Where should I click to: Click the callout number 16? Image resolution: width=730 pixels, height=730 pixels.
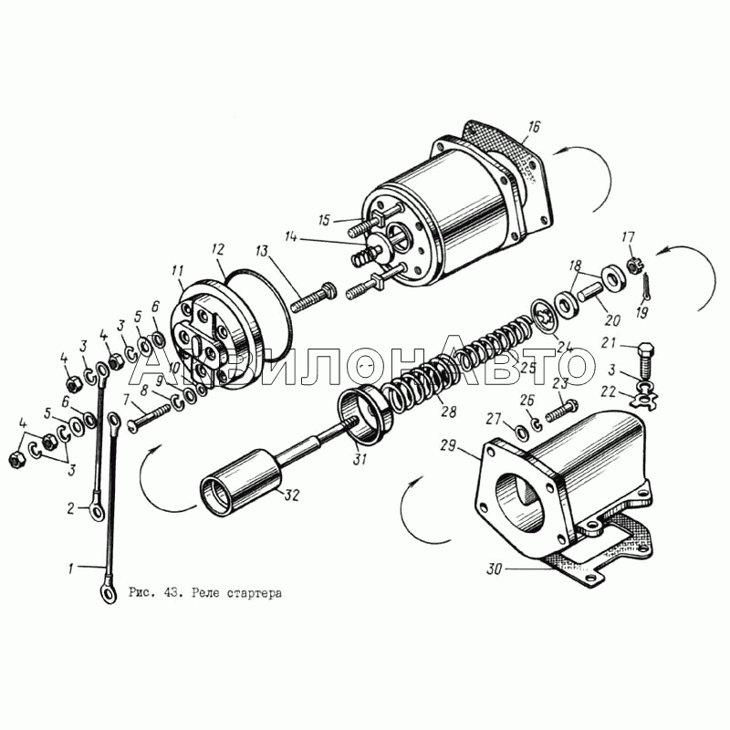pos(534,127)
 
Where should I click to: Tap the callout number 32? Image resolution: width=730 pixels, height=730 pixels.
pos(291,495)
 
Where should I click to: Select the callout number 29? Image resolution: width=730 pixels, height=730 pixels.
pos(448,446)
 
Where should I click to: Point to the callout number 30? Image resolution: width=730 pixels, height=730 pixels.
pos(495,568)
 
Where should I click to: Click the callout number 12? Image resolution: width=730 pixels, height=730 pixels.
pos(218,249)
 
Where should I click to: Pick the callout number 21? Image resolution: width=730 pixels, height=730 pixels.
pos(608,343)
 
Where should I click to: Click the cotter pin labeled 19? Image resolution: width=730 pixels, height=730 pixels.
pos(646,287)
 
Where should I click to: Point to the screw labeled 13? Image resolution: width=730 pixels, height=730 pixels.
pos(313,299)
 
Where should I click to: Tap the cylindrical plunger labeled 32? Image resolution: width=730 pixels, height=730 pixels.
pos(241,483)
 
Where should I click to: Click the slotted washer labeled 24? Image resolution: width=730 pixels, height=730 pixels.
pos(545,318)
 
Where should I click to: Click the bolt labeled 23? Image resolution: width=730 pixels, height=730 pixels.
pos(562,412)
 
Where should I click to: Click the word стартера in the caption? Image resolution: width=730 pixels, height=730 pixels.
pos(255,594)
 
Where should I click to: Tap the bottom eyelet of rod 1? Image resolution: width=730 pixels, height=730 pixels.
pos(109,594)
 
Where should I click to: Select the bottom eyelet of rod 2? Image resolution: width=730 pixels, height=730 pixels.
pos(97,512)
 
